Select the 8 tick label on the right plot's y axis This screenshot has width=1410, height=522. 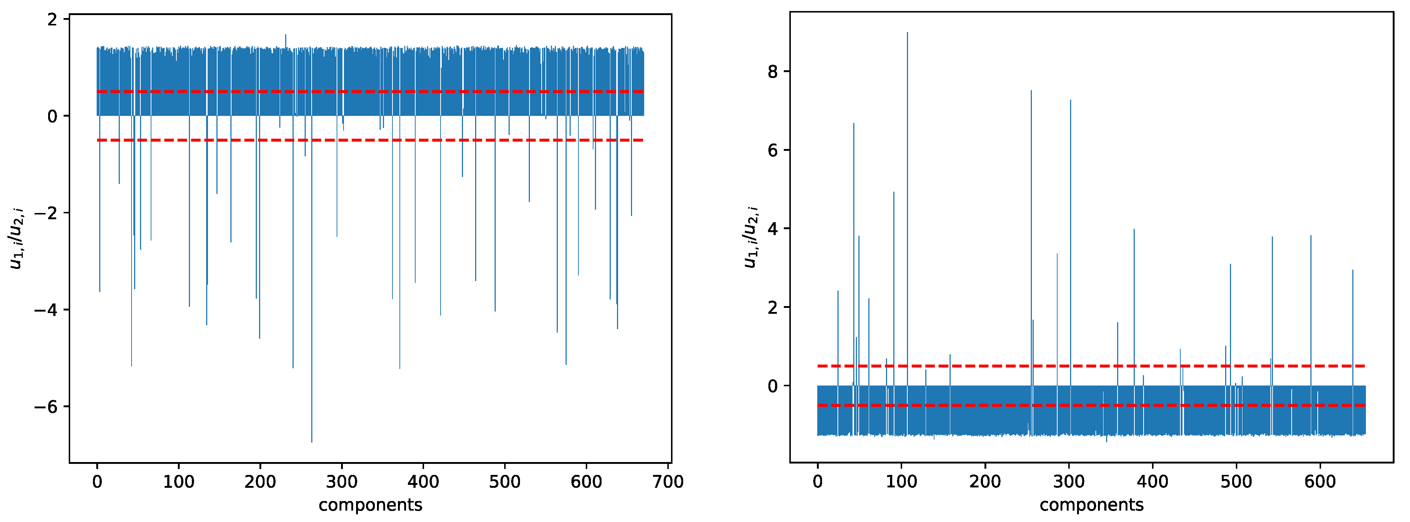[x=773, y=72]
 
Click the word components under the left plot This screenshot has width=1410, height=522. [x=370, y=505]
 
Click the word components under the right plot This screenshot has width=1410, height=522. [x=1091, y=505]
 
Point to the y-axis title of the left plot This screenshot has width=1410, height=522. [x=17, y=238]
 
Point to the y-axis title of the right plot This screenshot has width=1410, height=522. [x=750, y=237]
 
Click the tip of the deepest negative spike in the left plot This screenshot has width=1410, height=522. [x=312, y=441]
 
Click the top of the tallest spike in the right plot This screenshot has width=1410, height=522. [x=907, y=33]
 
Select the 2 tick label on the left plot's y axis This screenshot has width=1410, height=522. [x=53, y=20]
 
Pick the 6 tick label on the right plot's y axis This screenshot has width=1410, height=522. [x=773, y=150]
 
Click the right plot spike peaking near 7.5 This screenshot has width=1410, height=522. [x=1031, y=92]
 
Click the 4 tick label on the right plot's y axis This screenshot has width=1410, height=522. [x=773, y=228]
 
